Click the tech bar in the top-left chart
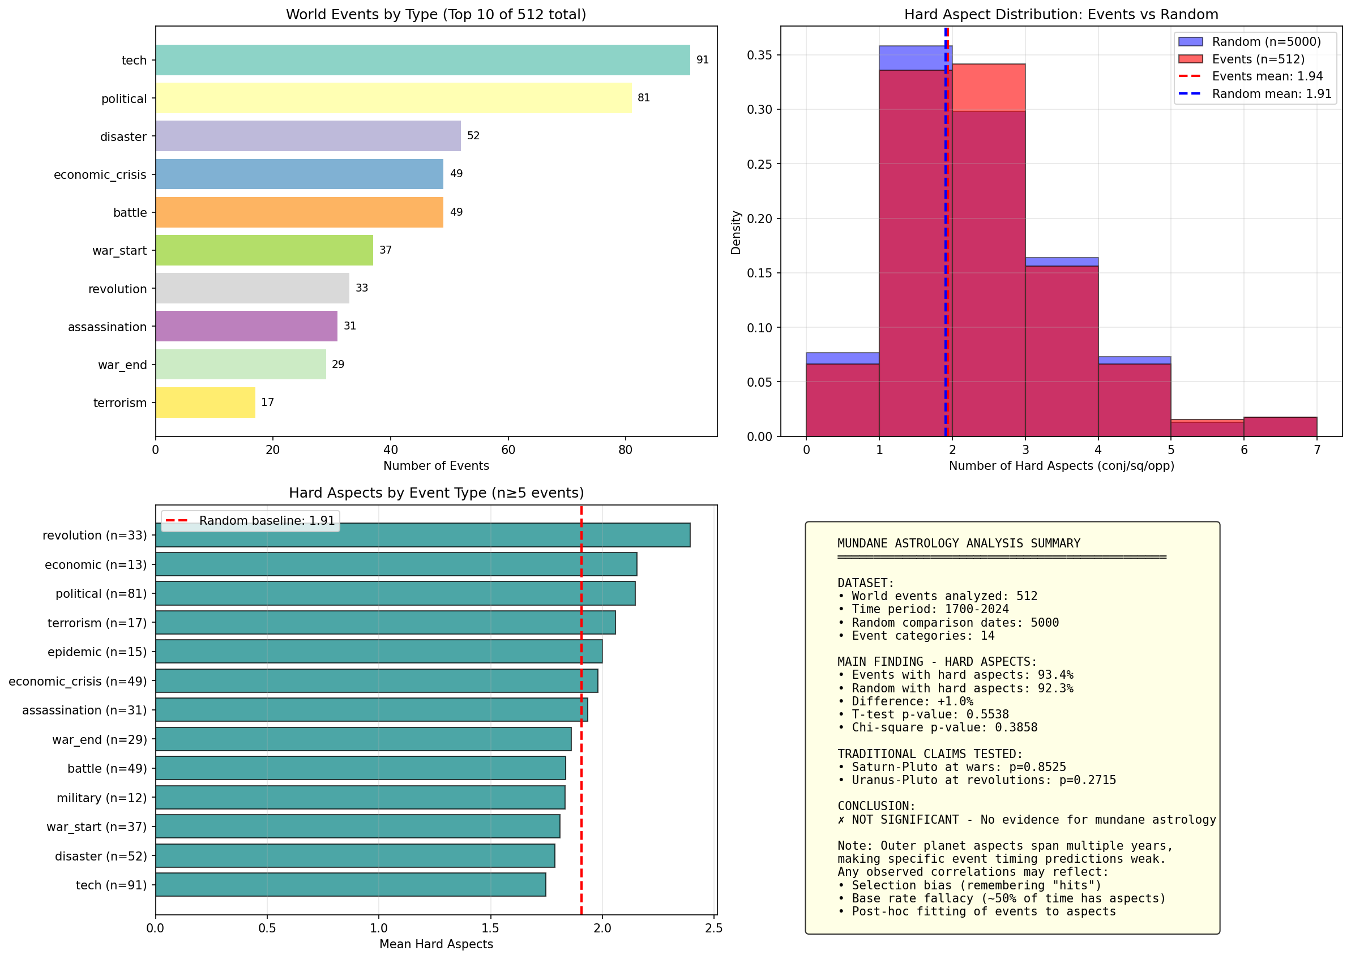coord(422,59)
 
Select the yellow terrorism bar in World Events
coord(206,402)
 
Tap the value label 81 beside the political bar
coord(643,97)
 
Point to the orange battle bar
coord(300,212)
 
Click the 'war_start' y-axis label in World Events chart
coord(119,250)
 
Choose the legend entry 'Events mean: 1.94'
coord(1267,76)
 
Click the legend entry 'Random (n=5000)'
coord(1266,41)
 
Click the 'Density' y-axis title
coord(736,232)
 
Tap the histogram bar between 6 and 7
coord(1280,427)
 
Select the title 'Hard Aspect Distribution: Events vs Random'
coord(1061,14)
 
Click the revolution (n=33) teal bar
coord(422,535)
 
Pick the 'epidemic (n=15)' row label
coord(97,652)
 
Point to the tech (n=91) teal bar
coord(350,885)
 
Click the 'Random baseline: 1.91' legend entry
coord(266,520)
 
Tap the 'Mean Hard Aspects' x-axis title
coord(436,944)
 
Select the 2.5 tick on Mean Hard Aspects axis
coord(714,928)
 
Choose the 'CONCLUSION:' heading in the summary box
coord(877,806)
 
